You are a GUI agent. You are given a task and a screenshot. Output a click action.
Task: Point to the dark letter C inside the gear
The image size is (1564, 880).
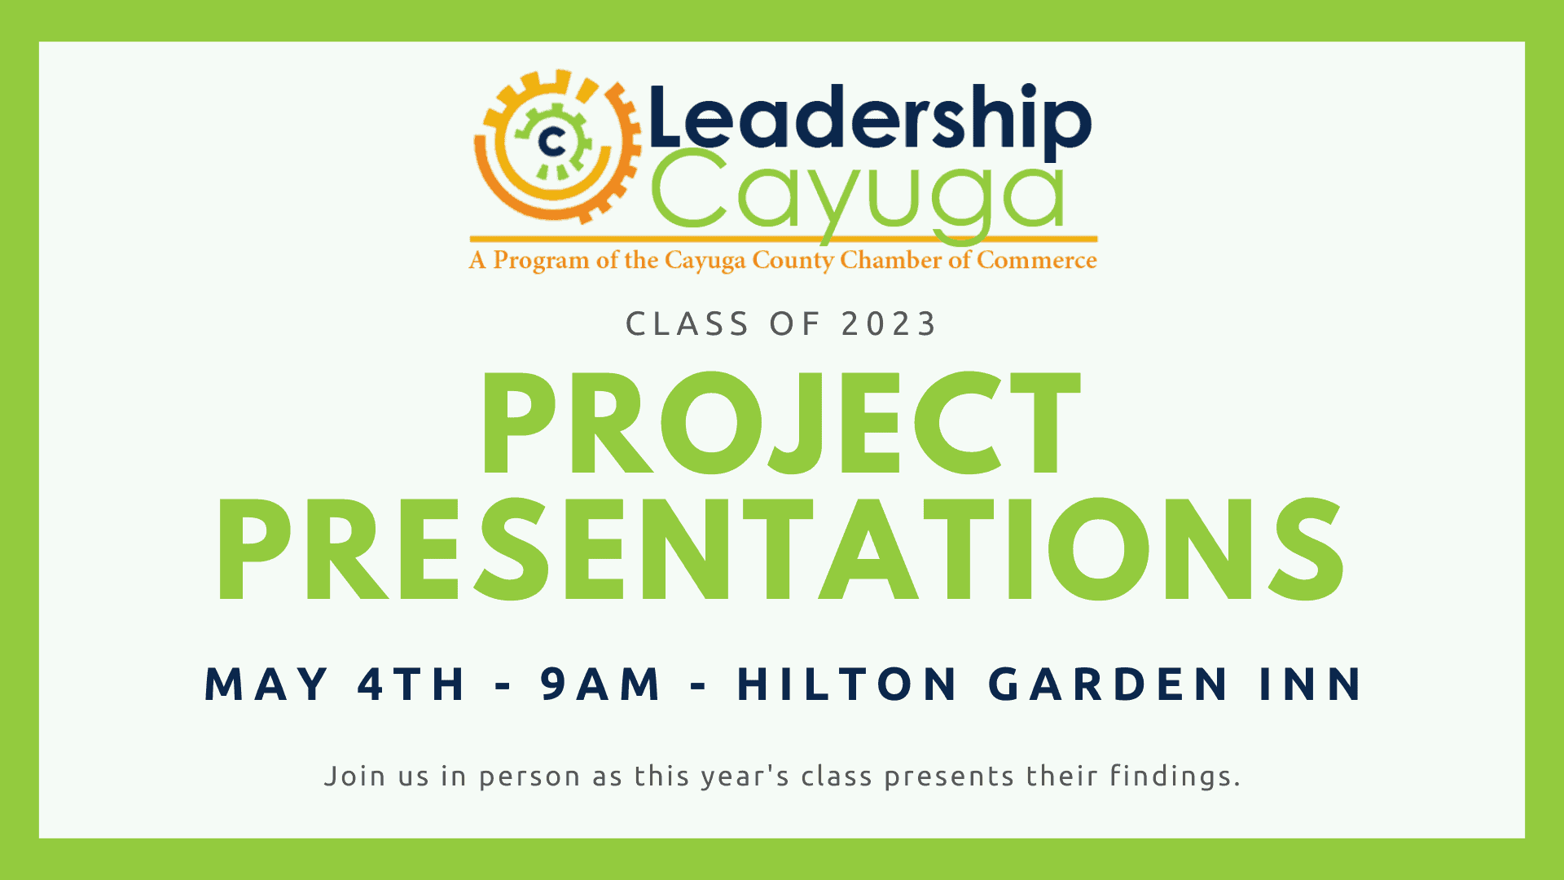point(553,143)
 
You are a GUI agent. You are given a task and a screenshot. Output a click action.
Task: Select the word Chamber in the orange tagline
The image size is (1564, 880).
point(891,260)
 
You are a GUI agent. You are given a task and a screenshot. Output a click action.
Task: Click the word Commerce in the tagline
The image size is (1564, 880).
point(1036,260)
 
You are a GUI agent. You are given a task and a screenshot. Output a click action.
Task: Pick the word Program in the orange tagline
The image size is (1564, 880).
point(541,261)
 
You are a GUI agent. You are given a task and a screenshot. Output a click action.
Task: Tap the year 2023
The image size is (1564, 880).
point(889,324)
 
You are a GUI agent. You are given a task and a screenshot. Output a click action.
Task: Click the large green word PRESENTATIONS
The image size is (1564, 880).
point(780,550)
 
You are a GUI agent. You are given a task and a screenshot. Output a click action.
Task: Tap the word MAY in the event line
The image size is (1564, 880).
point(266,684)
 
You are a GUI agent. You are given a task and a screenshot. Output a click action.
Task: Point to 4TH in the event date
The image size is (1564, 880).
point(411,684)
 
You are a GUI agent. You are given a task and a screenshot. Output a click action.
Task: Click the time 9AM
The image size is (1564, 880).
point(601,684)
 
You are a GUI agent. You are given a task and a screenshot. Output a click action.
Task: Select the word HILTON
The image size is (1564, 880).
point(848,684)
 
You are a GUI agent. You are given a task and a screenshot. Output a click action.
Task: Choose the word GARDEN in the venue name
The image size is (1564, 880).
point(1109,684)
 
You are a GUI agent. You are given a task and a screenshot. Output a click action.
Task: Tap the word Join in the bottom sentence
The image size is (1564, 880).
point(354,776)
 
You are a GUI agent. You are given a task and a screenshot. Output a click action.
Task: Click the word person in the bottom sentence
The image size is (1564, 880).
point(529,777)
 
